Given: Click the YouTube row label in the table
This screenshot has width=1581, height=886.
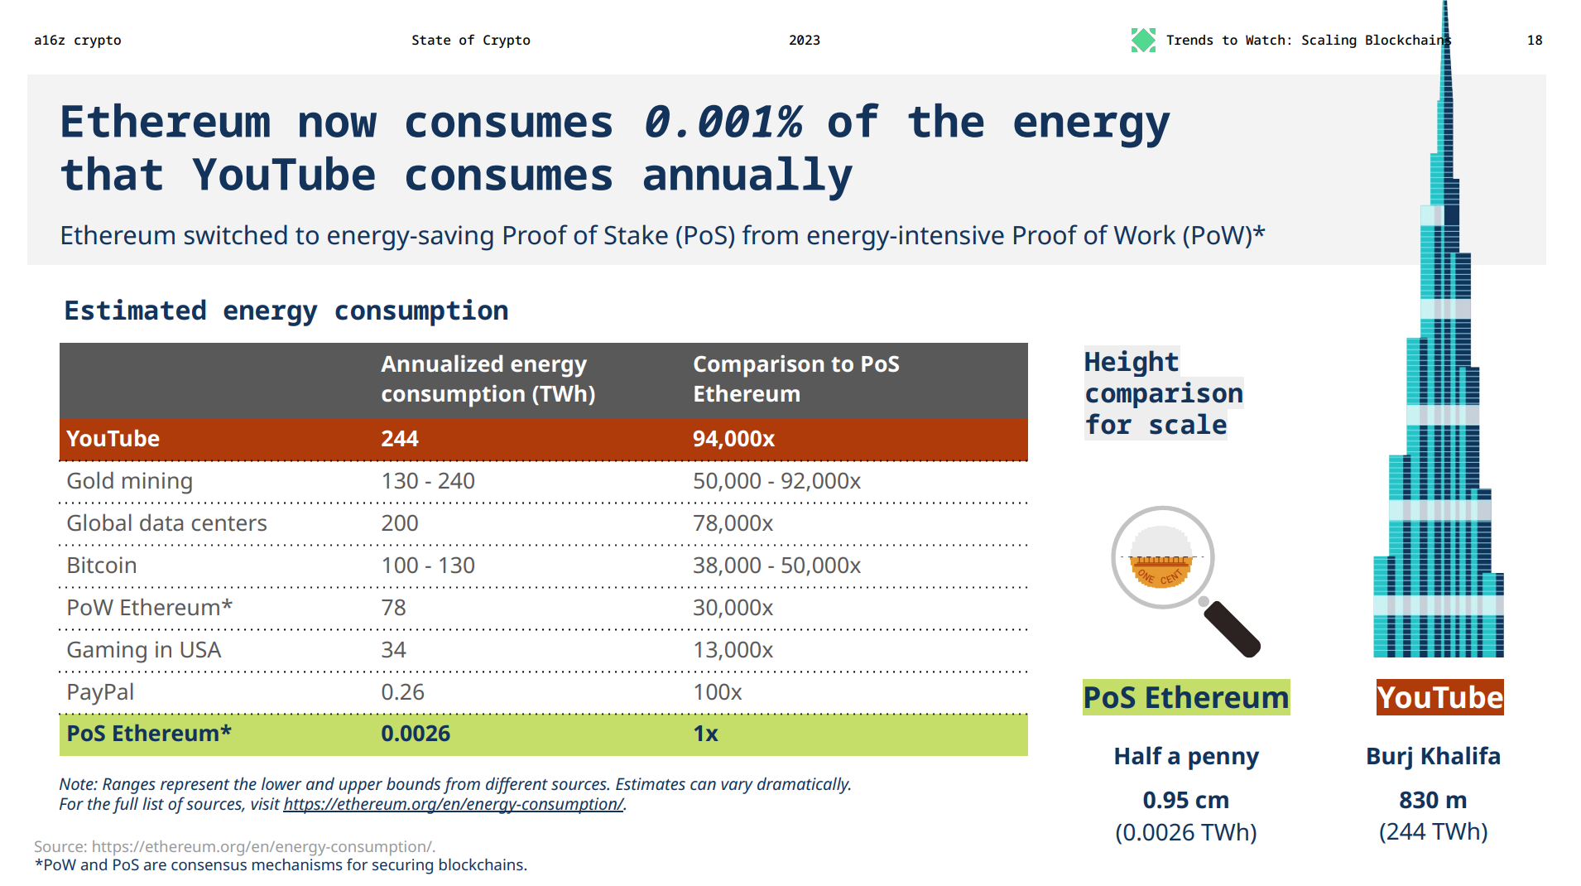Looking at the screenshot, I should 113,439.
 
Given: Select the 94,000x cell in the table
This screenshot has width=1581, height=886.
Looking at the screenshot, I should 733,439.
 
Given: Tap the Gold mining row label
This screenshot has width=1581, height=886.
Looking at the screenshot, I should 129,481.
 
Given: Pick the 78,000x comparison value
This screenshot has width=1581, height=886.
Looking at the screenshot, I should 733,523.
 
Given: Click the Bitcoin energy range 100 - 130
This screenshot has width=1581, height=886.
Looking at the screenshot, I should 427,566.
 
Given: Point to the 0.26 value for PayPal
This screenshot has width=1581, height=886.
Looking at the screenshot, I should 402,692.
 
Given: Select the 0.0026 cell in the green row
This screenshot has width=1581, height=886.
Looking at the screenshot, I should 416,734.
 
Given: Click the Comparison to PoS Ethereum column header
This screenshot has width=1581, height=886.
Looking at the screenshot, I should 795,378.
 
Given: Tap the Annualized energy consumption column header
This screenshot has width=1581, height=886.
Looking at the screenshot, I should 488,378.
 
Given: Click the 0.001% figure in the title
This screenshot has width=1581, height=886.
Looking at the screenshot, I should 723,123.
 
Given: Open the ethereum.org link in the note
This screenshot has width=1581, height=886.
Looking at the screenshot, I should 453,804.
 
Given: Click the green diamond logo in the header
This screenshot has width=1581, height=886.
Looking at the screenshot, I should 1143,40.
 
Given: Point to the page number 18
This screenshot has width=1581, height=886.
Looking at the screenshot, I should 1534,40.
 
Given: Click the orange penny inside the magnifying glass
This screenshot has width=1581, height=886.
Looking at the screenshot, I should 1161,571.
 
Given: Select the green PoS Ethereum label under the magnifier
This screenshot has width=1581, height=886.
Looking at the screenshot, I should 1185,698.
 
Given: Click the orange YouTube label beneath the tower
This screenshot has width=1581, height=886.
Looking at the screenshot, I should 1439,698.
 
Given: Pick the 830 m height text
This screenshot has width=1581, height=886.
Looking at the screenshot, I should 1433,800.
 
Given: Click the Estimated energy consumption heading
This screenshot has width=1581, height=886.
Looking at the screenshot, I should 286,311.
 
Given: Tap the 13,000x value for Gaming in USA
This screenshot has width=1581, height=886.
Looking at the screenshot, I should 733,650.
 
